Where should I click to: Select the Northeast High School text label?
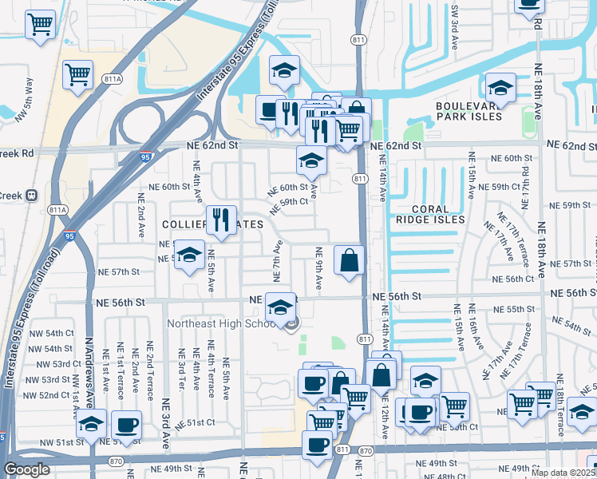(222, 323)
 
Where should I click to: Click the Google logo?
(26, 469)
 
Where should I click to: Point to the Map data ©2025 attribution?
(562, 473)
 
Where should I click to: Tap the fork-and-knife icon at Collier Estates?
(221, 220)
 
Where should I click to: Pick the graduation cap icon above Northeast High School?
(280, 307)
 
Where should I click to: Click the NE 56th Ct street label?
(512, 279)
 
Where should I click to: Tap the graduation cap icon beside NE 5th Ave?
(189, 255)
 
